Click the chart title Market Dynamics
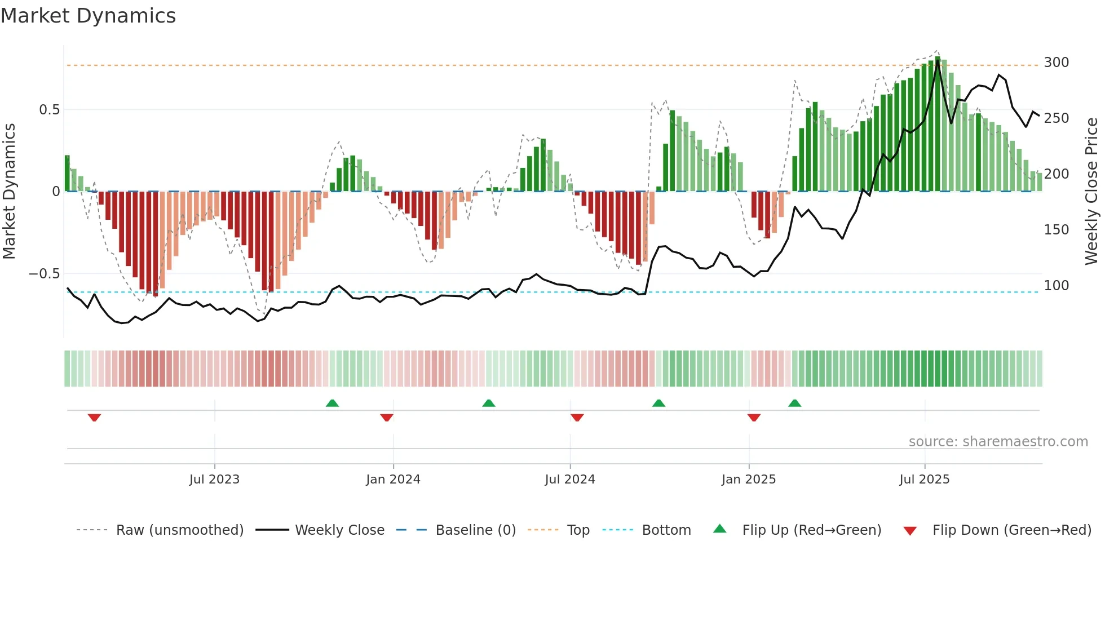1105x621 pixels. coord(89,16)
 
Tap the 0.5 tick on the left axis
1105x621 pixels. coord(49,110)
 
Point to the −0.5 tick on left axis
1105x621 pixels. coord(45,274)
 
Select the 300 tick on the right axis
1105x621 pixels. coord(1056,63)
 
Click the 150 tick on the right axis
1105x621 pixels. coord(1056,230)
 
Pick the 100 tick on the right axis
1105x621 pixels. coord(1056,286)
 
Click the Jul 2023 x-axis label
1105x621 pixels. coord(214,480)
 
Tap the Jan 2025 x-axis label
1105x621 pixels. coord(748,480)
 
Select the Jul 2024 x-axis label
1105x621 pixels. coord(569,480)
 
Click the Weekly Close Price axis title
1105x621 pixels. coord(1091,192)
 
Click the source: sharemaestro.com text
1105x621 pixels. coord(998,442)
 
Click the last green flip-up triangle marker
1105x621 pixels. coord(794,403)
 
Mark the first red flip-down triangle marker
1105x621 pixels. coord(94,418)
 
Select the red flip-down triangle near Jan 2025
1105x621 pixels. coord(754,418)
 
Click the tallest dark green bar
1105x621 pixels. coord(938,124)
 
